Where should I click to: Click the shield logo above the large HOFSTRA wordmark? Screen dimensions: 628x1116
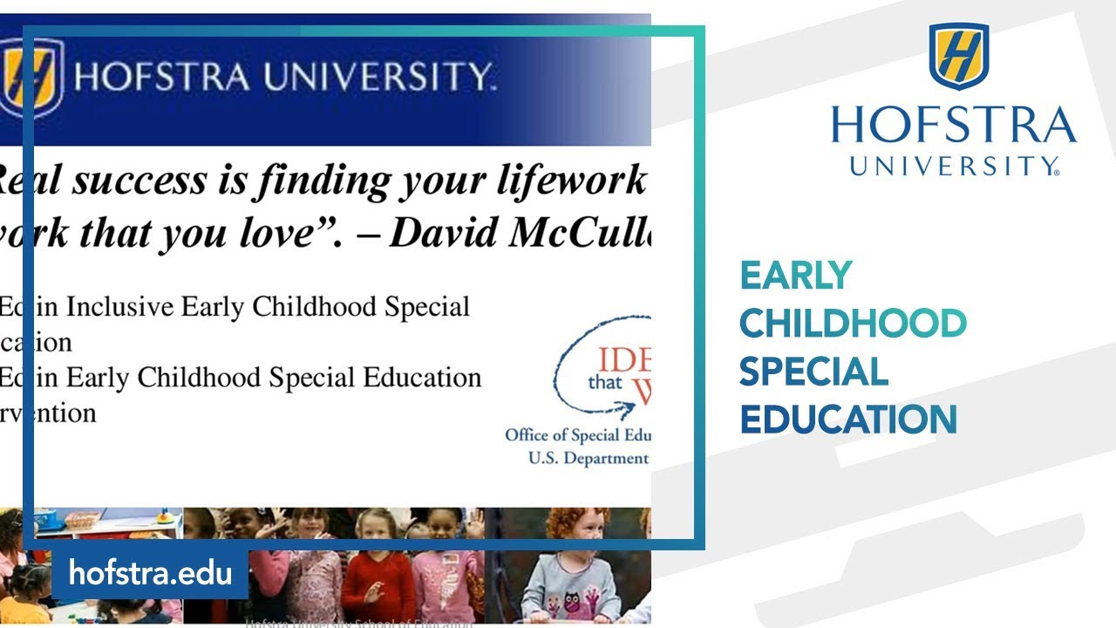click(x=958, y=55)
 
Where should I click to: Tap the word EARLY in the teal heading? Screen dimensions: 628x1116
click(x=795, y=276)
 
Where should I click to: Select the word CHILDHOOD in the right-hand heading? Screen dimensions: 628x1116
click(x=853, y=324)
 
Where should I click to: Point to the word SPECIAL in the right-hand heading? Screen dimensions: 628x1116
click(x=813, y=372)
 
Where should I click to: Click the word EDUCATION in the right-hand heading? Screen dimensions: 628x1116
click(x=848, y=420)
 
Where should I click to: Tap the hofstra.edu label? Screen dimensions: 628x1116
click(x=150, y=573)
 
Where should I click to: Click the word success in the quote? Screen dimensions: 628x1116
click(x=140, y=181)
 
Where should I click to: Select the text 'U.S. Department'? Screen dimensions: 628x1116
click(x=589, y=458)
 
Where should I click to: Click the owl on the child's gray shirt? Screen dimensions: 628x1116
click(x=573, y=601)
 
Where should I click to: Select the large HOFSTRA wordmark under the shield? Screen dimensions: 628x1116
click(x=954, y=125)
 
